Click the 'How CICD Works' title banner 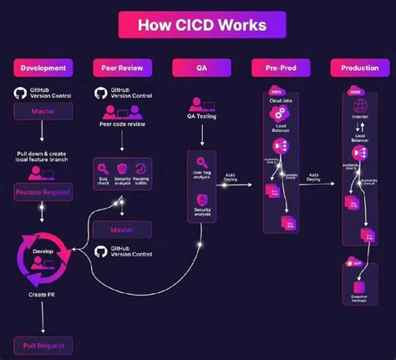pos(198,24)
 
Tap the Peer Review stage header pos(121,68)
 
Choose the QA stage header pos(201,68)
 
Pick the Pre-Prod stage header pos(280,68)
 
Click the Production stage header pos(359,68)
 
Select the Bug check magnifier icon pos(103,170)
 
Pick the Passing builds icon pos(141,170)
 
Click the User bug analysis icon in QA pos(201,163)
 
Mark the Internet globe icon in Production pos(360,107)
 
